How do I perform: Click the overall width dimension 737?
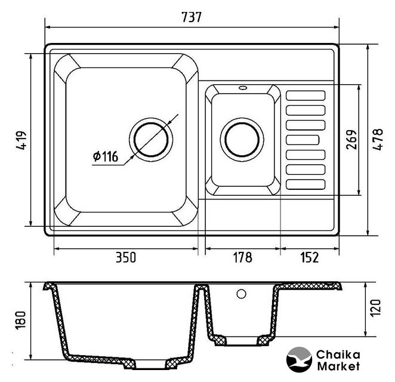(x=192, y=17)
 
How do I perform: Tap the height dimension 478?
(x=378, y=139)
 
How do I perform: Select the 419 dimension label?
(x=21, y=140)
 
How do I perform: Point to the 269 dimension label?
(x=351, y=140)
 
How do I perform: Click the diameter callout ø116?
(x=105, y=156)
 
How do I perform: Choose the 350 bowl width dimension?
(x=126, y=257)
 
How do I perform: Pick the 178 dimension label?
(x=242, y=257)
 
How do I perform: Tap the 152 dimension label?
(x=310, y=257)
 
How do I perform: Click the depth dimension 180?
(x=21, y=321)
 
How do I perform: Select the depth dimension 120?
(x=375, y=307)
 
